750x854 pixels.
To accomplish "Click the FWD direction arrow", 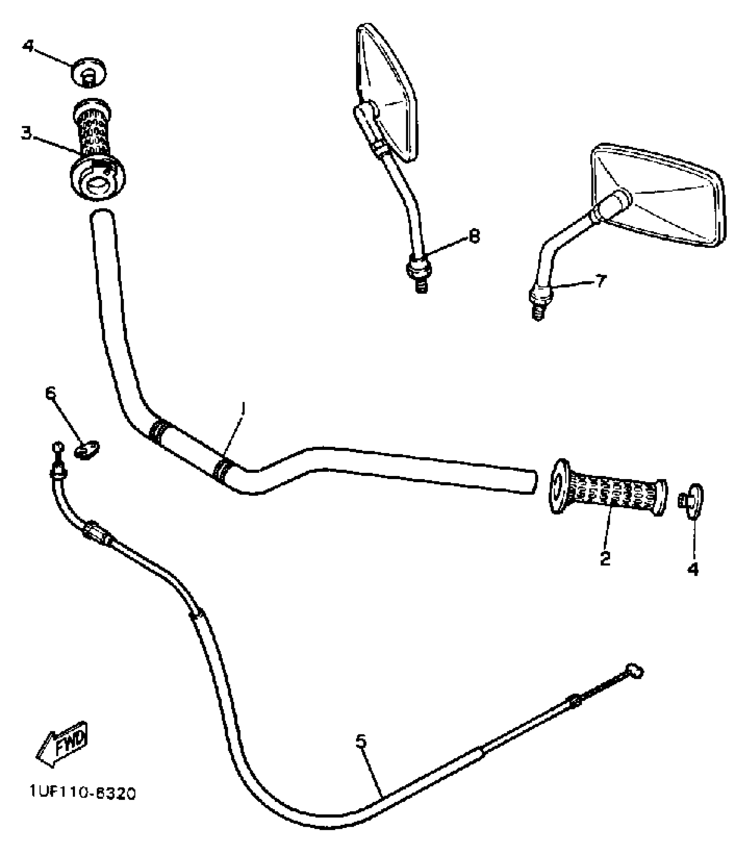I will pyautogui.click(x=63, y=747).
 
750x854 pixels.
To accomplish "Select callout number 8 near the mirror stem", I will pyautogui.click(x=474, y=237).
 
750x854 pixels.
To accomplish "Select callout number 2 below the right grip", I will pyautogui.click(x=605, y=558).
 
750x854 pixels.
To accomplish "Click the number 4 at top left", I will pyautogui.click(x=29, y=45).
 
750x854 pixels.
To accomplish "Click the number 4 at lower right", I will pyautogui.click(x=693, y=569).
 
